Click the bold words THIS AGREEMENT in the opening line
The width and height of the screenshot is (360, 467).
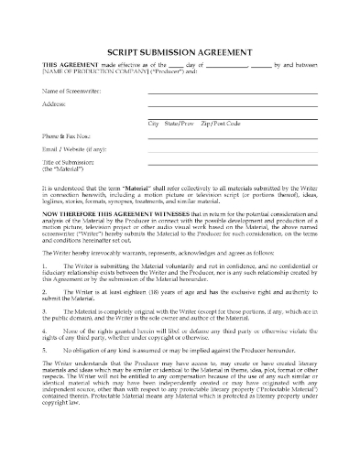(x=63, y=68)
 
